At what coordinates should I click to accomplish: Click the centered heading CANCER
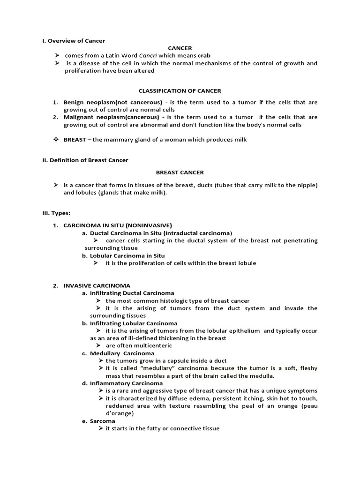pyautogui.click(x=180, y=48)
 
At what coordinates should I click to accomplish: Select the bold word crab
pyautogui.click(x=204, y=55)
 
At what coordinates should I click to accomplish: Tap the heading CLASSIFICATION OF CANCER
pyautogui.click(x=180, y=91)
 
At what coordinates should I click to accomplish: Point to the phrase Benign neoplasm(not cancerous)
pyautogui.click(x=113, y=102)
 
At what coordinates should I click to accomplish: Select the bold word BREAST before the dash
pyautogui.click(x=75, y=140)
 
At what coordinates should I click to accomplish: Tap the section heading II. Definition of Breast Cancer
pyautogui.click(x=85, y=160)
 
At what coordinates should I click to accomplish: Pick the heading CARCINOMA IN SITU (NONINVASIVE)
pyautogui.click(x=118, y=225)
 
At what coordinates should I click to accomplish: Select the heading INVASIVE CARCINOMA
pyautogui.click(x=97, y=285)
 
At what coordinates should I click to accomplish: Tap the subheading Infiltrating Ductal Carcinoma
pyautogui.click(x=132, y=293)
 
